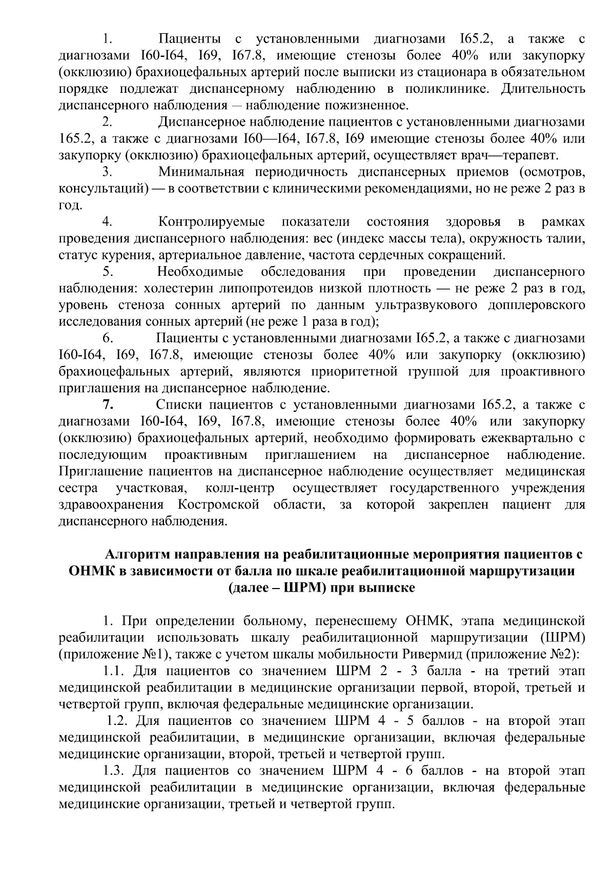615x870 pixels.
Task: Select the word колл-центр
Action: coord(239,488)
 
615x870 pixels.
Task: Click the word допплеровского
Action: coord(534,306)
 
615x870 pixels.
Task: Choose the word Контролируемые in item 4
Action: coord(212,222)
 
